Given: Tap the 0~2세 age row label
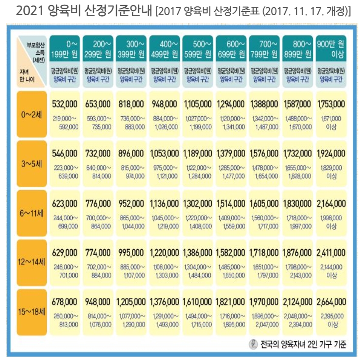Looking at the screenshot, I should [33, 114].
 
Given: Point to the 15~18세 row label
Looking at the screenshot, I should [33, 313].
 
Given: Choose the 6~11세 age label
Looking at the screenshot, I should [33, 214].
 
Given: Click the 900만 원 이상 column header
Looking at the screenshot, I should [331, 49].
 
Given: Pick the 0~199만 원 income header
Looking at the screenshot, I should [65, 49].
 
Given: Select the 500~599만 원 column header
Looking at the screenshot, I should [198, 49].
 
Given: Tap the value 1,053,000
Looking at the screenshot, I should [164, 153].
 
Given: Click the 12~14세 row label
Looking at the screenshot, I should [33, 263].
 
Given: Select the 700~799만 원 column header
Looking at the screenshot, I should [264, 49].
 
